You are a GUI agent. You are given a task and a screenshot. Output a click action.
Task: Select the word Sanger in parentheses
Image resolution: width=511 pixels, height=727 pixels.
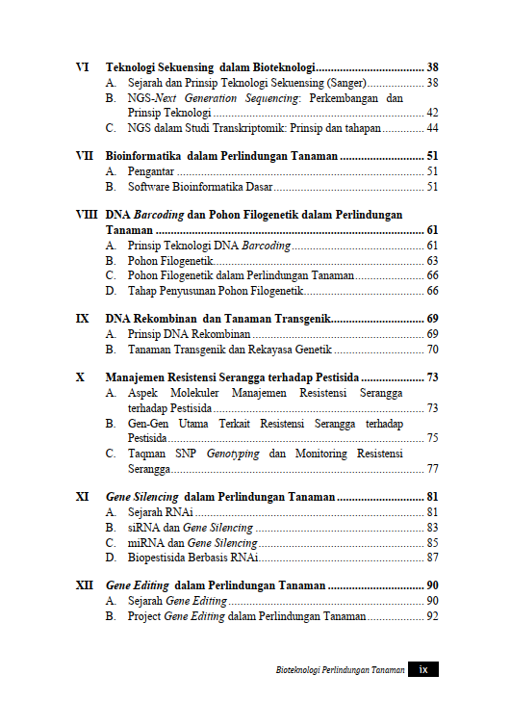345,84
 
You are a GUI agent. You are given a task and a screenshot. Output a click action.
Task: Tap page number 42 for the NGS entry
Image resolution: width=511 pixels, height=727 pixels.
432,113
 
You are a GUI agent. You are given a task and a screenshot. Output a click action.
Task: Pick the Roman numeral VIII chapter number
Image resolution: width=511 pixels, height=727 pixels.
87,214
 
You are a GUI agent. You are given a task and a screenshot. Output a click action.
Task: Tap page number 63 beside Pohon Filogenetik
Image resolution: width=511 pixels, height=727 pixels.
432,261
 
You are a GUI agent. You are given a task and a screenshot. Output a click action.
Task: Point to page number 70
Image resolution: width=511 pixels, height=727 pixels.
432,350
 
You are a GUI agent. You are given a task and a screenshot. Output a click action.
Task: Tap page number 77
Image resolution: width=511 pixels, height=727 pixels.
432,469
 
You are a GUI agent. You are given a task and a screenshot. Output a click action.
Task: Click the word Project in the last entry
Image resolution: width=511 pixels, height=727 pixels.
145,615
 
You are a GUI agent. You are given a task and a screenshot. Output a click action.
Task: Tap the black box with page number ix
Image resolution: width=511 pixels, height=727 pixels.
422,669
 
